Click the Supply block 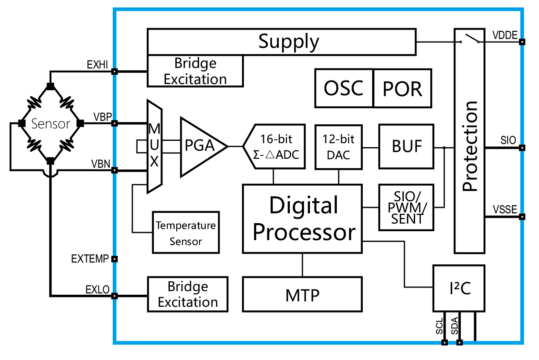(x=282, y=42)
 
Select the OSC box (x=344, y=88)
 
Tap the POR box (x=403, y=88)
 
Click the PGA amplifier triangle (x=200, y=146)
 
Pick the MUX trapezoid (x=154, y=146)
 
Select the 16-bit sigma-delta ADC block (x=273, y=147)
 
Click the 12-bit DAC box (x=338, y=147)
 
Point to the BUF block (x=406, y=147)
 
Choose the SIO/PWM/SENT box (x=406, y=208)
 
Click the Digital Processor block (x=302, y=219)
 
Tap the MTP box (x=302, y=294)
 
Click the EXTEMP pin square (x=115, y=258)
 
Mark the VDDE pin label (x=505, y=35)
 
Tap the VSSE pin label (x=505, y=209)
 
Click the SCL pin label (x=439, y=326)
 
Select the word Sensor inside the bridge (x=51, y=123)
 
